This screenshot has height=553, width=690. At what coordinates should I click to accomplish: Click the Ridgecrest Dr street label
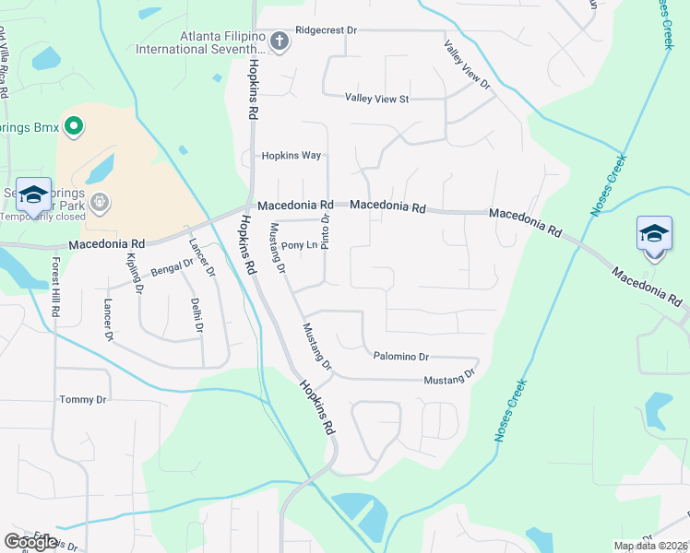tap(326, 30)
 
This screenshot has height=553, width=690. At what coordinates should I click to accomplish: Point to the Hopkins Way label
tap(291, 156)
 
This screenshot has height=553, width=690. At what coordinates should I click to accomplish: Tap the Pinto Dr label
tap(326, 229)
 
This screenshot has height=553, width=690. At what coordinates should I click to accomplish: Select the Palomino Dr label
tap(400, 356)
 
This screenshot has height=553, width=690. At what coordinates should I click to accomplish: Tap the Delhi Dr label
tap(197, 314)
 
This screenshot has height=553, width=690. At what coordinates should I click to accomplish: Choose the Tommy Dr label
tap(83, 399)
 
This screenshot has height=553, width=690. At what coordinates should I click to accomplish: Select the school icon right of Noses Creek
tap(654, 233)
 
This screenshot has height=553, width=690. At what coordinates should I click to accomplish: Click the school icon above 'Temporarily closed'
tap(33, 194)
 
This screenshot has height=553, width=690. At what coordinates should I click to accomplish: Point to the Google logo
tap(30, 542)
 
